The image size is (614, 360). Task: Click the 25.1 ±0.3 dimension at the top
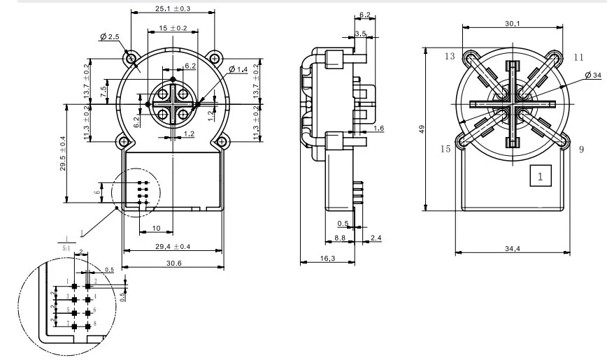172,9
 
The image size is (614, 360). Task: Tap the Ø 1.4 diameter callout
238,69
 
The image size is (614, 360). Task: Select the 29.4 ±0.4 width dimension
172,247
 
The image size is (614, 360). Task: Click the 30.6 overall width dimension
172,263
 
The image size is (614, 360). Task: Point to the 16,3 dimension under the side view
327,259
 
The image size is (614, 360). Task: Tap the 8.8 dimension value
340,238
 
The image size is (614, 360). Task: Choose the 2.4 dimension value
376,238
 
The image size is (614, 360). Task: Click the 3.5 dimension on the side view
360,33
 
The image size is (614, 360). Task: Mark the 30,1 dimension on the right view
512,24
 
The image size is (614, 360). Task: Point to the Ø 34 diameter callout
592,75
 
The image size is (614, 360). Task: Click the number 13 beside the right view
448,55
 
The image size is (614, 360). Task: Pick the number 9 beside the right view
580,148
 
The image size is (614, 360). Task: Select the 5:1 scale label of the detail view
66,247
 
